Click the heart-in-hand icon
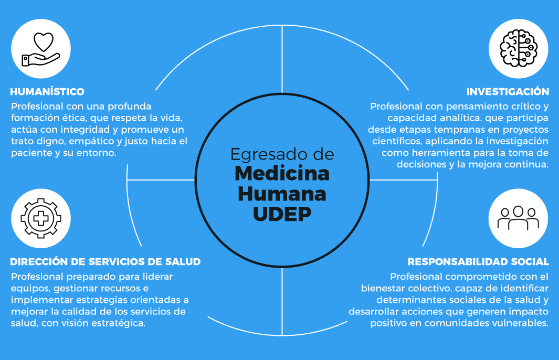click(x=40, y=50)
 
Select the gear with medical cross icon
click(x=40, y=218)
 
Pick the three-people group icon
click(x=518, y=218)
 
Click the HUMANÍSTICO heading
click(x=47, y=92)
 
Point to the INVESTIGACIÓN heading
click(x=508, y=92)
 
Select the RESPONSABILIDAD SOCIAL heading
click(x=478, y=261)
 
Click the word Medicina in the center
click(x=282, y=173)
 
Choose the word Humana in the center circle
click(x=282, y=194)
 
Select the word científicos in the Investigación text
click(x=397, y=141)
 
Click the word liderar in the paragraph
click(x=156, y=277)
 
